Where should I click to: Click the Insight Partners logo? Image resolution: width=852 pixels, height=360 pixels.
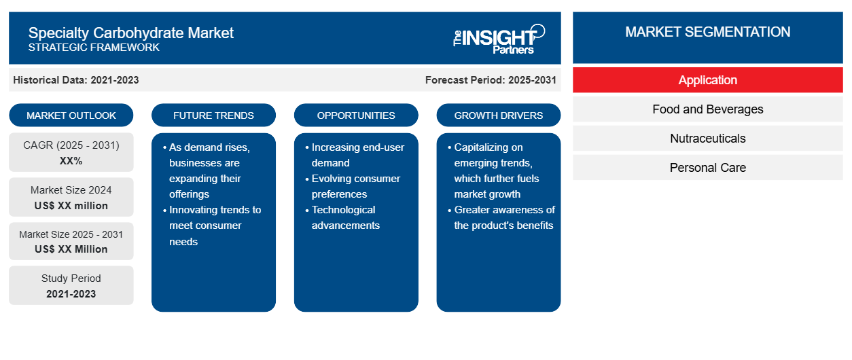tap(499, 39)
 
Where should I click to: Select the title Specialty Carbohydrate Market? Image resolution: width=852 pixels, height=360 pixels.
tap(131, 33)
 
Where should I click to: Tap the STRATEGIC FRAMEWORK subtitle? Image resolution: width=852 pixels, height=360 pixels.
tap(94, 48)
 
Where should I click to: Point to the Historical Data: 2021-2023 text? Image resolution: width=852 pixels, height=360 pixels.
tap(76, 80)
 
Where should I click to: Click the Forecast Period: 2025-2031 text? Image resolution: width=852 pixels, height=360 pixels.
tap(491, 80)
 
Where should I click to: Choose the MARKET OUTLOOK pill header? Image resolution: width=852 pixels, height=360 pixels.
tap(71, 115)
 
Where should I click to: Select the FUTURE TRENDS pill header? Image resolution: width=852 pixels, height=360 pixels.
tap(213, 115)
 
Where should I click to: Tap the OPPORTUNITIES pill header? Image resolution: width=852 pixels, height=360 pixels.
tap(356, 115)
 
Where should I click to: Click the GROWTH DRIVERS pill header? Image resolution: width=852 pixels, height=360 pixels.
tap(499, 115)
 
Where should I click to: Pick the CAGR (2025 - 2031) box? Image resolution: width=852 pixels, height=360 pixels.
tap(71, 152)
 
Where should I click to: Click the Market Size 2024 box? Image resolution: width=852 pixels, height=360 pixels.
tap(71, 197)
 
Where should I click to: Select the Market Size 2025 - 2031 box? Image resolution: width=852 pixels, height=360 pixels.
tap(71, 241)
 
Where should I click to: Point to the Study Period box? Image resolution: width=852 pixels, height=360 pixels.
tap(71, 285)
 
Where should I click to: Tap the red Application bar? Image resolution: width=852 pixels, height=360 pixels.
tap(708, 80)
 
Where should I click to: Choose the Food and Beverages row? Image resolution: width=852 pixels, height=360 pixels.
tap(708, 109)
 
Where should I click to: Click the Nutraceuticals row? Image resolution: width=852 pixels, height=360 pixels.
tap(708, 139)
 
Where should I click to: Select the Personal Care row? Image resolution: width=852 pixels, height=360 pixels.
tap(708, 168)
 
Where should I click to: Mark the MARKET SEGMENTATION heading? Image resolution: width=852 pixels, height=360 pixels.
tap(708, 32)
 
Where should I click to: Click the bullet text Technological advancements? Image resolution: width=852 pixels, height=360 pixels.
tap(345, 217)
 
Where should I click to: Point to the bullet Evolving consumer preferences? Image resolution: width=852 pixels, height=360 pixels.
tap(355, 186)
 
